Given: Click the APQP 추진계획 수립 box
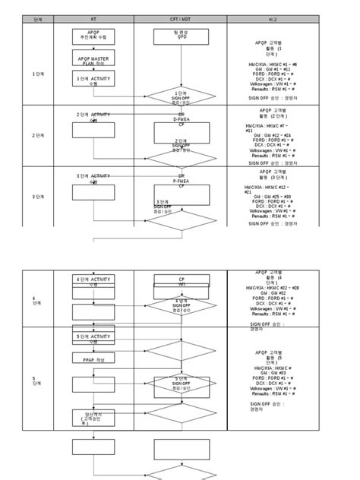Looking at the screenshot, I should pyautogui.click(x=93, y=36).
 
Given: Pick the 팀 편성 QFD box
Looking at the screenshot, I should pyautogui.click(x=181, y=36).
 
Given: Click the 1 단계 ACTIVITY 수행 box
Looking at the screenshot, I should pyautogui.click(x=93, y=80).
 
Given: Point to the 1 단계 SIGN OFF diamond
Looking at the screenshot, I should pyautogui.click(x=181, y=96).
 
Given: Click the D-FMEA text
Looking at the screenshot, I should pyautogui.click(x=181, y=119).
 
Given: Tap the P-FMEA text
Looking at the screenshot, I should pyautogui.click(x=181, y=181).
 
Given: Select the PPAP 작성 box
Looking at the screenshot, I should pyautogui.click(x=93, y=358).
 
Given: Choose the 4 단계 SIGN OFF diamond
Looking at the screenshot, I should pyautogui.click(x=181, y=305).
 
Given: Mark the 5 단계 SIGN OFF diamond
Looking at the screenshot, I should pyautogui.click(x=181, y=383).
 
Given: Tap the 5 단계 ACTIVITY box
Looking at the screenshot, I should pyautogui.click(x=93, y=336).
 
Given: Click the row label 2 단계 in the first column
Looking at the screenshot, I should pyautogui.click(x=38, y=135).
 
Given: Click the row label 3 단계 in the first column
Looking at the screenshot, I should pyautogui.click(x=38, y=197).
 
